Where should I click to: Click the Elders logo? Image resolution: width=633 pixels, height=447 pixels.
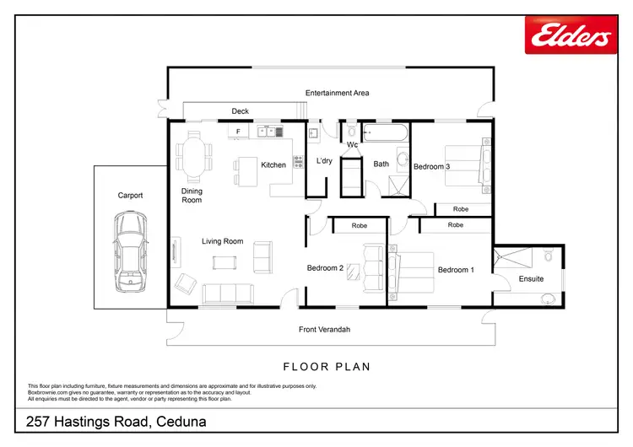pyautogui.click(x=571, y=35)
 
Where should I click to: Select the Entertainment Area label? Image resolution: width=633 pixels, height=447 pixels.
pyautogui.click(x=338, y=93)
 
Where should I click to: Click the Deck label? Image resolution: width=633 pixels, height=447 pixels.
pyautogui.click(x=240, y=111)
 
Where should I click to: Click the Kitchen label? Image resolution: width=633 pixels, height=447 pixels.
pyautogui.click(x=273, y=164)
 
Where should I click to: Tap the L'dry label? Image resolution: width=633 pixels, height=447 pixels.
pyautogui.click(x=324, y=160)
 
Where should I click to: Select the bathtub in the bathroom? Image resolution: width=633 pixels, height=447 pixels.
pyautogui.click(x=385, y=133)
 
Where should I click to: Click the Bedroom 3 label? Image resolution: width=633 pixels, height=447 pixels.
pyautogui.click(x=431, y=167)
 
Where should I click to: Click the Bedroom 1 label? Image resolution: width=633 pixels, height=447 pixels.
pyautogui.click(x=455, y=270)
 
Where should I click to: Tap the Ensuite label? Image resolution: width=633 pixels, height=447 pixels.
pyautogui.click(x=531, y=278)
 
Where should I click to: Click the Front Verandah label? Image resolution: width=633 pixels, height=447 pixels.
pyautogui.click(x=324, y=329)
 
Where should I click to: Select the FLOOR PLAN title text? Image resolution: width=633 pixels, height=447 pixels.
pyautogui.click(x=327, y=367)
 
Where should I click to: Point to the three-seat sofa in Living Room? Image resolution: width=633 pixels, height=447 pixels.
pyautogui.click(x=227, y=294)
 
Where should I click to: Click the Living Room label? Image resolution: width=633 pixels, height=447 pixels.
pyautogui.click(x=222, y=241)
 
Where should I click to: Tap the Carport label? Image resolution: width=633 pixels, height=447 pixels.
pyautogui.click(x=130, y=195)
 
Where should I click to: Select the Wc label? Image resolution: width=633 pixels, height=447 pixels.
pyautogui.click(x=353, y=145)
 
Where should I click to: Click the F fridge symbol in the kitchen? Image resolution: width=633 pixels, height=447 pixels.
pyautogui.click(x=239, y=132)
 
